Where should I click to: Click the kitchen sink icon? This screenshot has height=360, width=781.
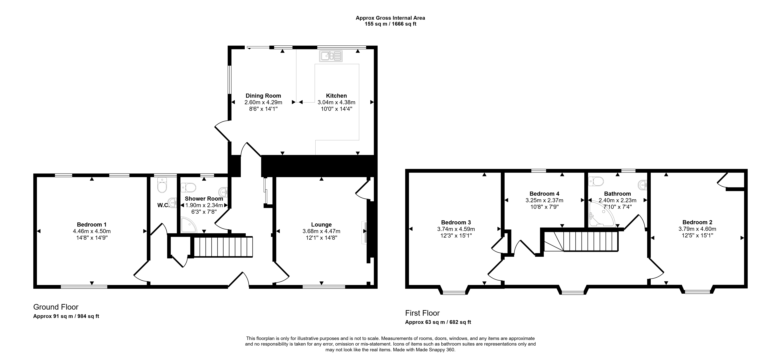click(x=331, y=56)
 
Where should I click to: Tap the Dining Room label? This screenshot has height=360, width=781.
click(x=263, y=96)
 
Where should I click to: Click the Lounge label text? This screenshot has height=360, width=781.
click(x=321, y=225)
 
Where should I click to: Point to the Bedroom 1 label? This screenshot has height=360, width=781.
click(x=92, y=225)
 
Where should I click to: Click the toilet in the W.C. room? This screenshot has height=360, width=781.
click(x=162, y=185)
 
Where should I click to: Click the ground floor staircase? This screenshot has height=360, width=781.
click(x=223, y=247)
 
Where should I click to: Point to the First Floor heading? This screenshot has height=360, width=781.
click(x=422, y=313)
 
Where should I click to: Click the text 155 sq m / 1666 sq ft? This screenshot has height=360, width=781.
click(x=390, y=24)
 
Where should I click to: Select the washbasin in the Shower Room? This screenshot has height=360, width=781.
click(x=223, y=192)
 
